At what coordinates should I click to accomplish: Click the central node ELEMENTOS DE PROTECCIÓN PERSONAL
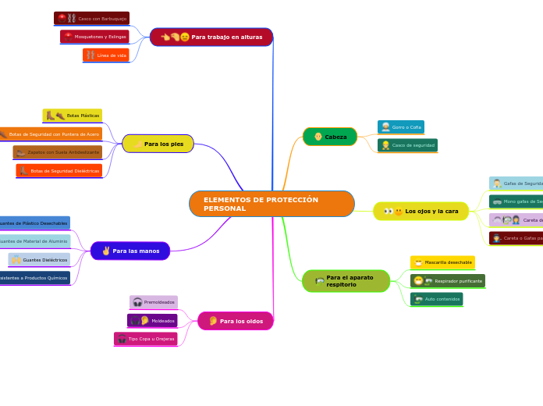271,204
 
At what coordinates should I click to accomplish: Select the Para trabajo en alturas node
211,37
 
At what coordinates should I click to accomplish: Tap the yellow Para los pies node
158,144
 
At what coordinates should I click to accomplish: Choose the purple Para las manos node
130,251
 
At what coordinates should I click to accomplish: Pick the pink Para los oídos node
236,321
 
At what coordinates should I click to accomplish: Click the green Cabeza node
330,137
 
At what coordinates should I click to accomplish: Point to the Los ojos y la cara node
421,211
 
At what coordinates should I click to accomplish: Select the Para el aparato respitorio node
346,281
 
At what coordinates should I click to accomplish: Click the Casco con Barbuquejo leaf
91,18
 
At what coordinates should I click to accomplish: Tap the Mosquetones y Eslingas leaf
94,37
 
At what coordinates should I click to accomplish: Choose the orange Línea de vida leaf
106,55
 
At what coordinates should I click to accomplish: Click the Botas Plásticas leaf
72,116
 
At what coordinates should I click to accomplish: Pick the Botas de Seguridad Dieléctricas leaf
59,170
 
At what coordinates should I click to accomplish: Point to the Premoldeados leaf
154,302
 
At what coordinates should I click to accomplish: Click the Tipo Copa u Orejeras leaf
146,339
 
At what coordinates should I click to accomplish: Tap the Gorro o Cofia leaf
401,127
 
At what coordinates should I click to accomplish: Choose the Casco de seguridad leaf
407,145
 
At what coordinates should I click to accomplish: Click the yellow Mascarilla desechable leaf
442,262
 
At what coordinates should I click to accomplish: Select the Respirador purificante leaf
448,281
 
